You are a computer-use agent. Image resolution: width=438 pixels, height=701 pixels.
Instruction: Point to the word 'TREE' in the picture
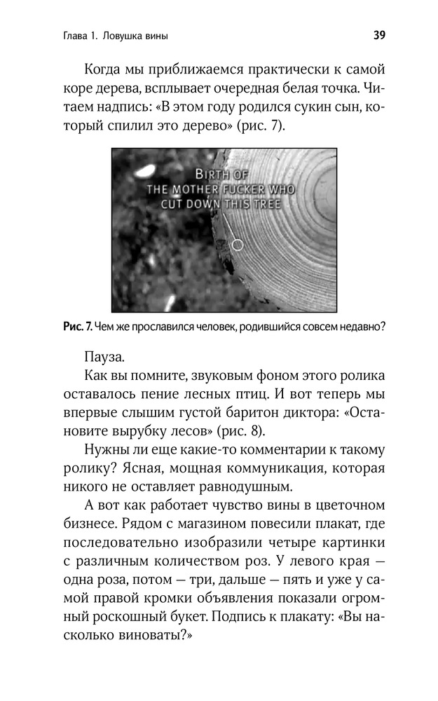pos(265,204)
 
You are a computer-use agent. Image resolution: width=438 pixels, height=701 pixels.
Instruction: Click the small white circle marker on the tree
pos(237,245)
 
